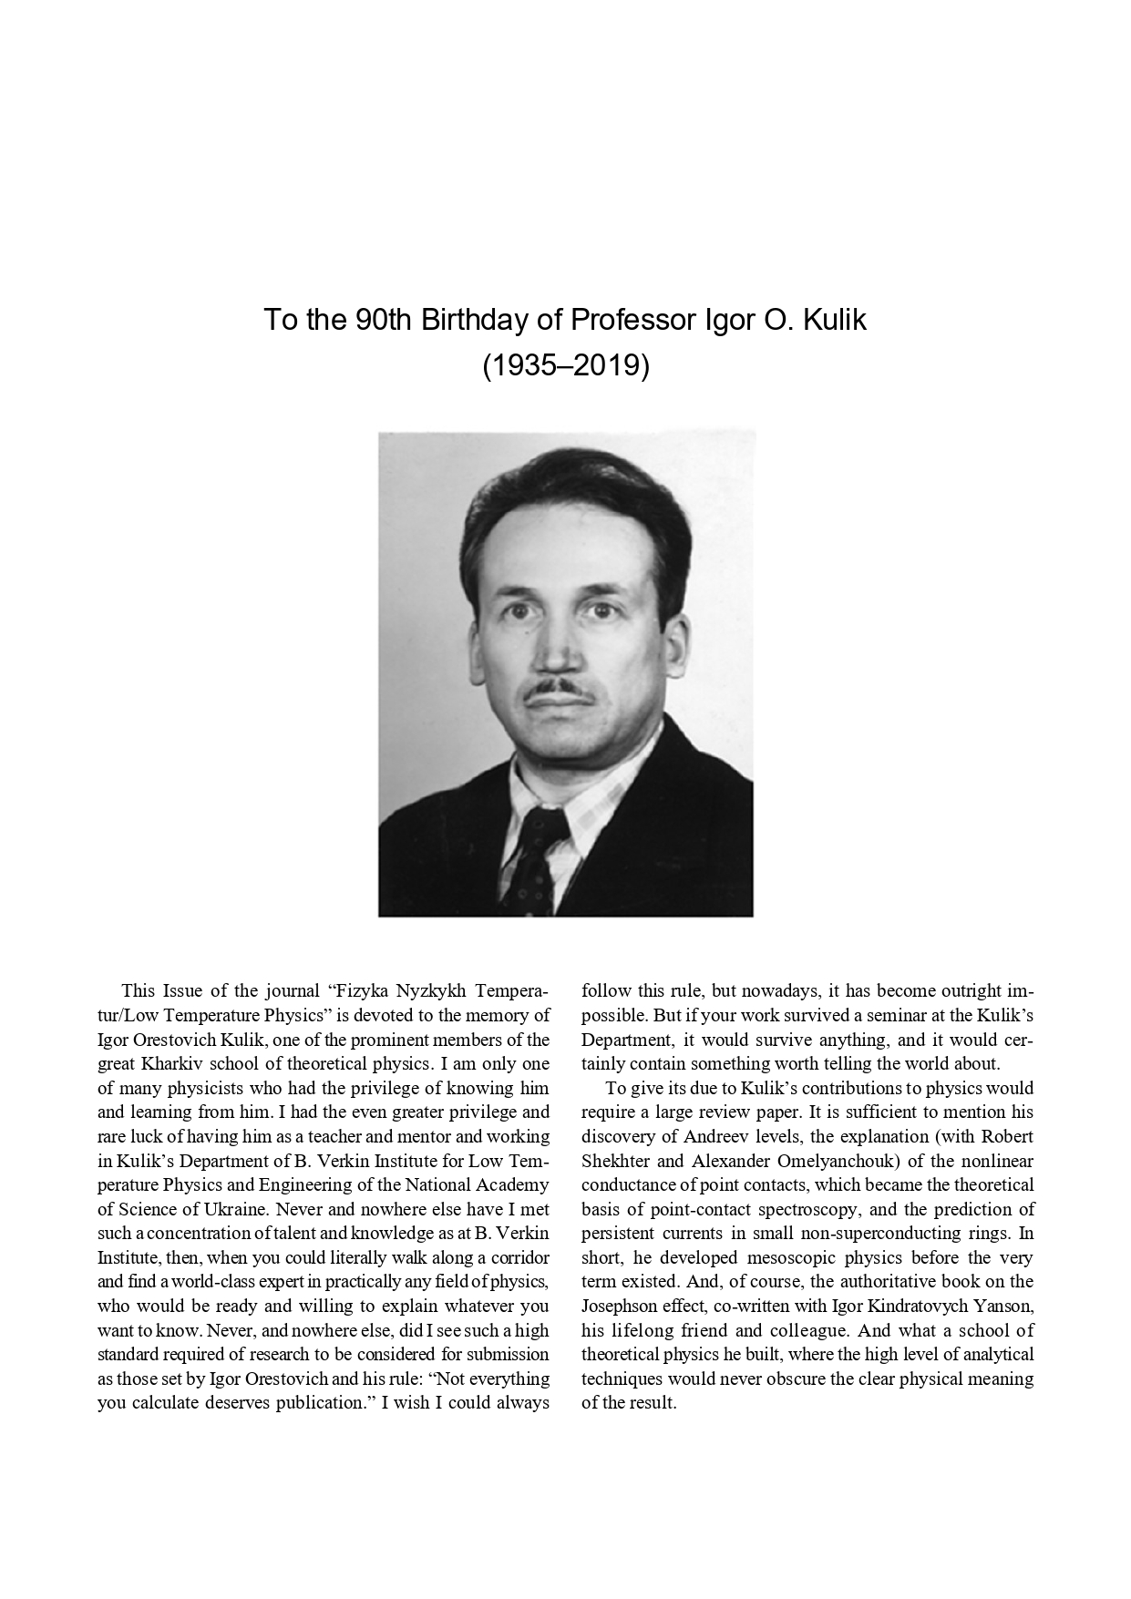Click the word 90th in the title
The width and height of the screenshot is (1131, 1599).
coord(381,321)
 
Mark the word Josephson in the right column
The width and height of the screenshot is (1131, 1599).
coord(622,1306)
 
